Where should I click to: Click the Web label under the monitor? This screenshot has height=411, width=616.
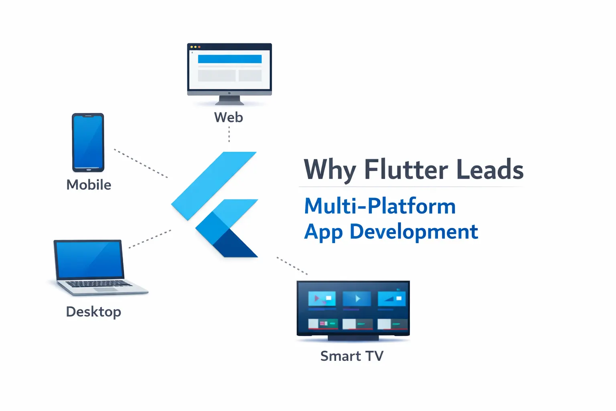[x=229, y=117]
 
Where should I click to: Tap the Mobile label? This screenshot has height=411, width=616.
[x=89, y=185]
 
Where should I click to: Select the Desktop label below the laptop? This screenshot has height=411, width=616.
[x=93, y=312]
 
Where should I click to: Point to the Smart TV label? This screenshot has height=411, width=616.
[x=352, y=356]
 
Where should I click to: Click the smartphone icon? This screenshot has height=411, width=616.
[x=88, y=142]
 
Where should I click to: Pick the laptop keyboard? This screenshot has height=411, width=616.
[x=98, y=284]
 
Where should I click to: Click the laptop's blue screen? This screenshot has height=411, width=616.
[x=89, y=259]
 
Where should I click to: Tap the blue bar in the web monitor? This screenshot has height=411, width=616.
[x=230, y=59]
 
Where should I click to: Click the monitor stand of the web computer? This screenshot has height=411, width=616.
[x=229, y=100]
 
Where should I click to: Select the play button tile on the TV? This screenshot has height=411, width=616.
[x=357, y=299]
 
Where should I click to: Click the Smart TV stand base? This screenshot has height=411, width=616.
[x=353, y=338]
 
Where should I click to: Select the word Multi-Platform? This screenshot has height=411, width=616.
[x=380, y=206]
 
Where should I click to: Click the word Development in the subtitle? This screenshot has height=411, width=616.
[x=414, y=232]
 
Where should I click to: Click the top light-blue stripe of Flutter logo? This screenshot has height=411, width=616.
[x=214, y=185]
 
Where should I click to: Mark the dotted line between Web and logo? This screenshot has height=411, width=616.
[x=229, y=134]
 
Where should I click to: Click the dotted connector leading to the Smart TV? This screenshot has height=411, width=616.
[x=292, y=266]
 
